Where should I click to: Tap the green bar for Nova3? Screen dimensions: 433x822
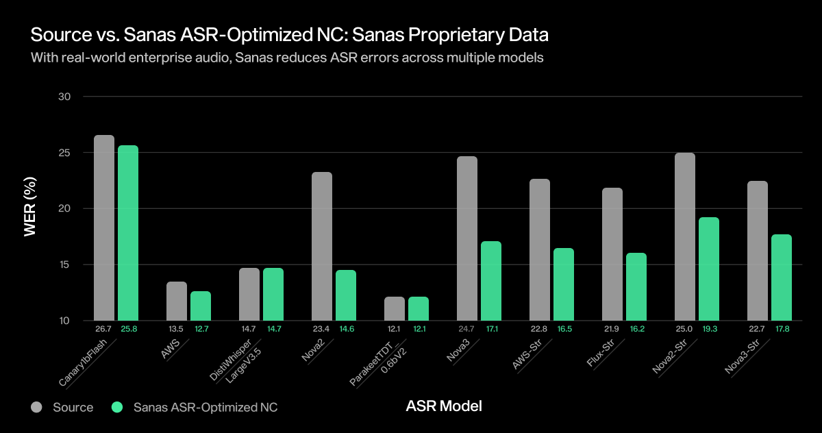pos(491,281)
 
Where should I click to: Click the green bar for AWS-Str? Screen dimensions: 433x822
pos(564,284)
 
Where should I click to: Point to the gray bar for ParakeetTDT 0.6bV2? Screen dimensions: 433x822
pos(395,308)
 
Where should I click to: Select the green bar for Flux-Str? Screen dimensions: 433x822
pos(636,286)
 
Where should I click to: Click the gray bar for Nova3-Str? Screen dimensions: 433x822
pos(758,251)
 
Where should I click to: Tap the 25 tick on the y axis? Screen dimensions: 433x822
pos(64,153)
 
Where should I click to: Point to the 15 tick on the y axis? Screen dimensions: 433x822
pos(64,265)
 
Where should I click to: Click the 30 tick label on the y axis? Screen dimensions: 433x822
pos(64,97)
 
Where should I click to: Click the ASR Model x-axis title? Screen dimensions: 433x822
pos(444,406)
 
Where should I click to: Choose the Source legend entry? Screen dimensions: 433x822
pos(62,408)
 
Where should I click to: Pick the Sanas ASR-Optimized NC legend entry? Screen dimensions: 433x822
pos(195,408)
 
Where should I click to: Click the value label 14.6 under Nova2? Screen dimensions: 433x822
pos(346,330)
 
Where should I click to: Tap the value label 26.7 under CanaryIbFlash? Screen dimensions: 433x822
pos(103,330)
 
